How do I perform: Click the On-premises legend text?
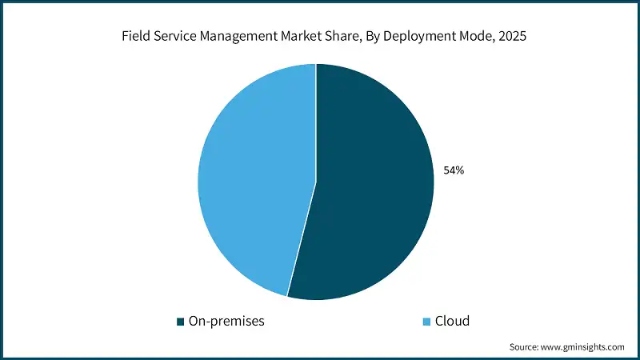pyautogui.click(x=226, y=322)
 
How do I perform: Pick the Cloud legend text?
pyautogui.click(x=452, y=322)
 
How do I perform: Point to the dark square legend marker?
pyautogui.click(x=181, y=322)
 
